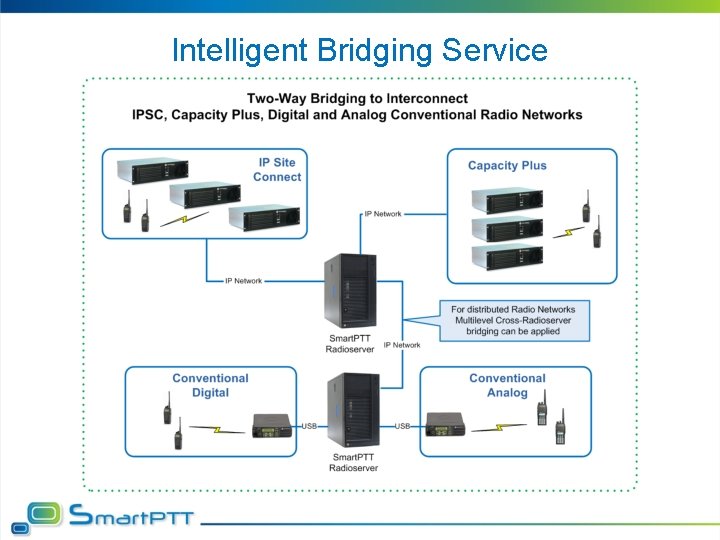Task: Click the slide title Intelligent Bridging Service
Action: (360, 50)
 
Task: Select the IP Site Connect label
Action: (277, 170)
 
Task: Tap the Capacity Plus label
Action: (507, 165)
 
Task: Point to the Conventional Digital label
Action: (210, 385)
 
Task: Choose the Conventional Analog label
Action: (507, 385)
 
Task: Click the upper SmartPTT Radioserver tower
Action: (350, 291)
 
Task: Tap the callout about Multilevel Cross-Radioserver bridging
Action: (513, 321)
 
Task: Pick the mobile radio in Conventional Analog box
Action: (446, 425)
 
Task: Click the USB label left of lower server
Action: (310, 426)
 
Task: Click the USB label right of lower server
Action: (402, 426)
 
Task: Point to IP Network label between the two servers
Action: (401, 345)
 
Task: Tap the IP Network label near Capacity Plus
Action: (382, 214)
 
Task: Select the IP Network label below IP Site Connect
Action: (243, 281)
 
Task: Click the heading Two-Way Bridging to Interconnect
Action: (357, 98)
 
